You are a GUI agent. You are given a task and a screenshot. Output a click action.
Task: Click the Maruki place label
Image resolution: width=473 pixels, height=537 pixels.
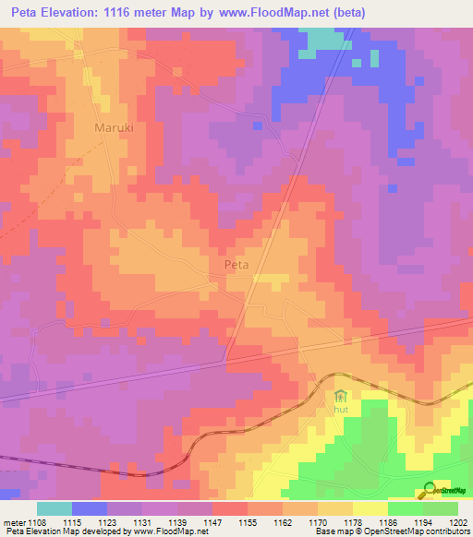click(x=115, y=128)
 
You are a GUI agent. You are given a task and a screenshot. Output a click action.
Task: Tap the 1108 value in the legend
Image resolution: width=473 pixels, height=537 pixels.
click(x=37, y=522)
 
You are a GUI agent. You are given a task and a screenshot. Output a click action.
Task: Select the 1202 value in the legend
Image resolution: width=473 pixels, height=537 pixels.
click(x=458, y=522)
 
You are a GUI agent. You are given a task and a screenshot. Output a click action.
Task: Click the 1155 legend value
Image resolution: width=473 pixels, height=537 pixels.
click(x=248, y=522)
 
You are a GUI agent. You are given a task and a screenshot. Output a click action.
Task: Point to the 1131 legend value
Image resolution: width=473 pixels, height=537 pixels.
click(x=142, y=522)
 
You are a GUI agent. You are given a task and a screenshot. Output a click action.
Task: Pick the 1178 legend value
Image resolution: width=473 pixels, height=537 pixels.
click(x=353, y=522)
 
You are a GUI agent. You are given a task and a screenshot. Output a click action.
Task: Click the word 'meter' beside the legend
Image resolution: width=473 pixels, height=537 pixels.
click(x=13, y=522)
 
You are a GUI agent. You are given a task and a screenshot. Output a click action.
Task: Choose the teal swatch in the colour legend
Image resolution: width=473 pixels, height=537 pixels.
click(x=55, y=508)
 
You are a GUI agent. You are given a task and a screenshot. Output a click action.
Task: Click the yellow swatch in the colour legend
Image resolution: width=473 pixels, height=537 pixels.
click(x=370, y=508)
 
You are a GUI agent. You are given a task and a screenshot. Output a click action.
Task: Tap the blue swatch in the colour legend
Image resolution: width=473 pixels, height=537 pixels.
click(x=90, y=508)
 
